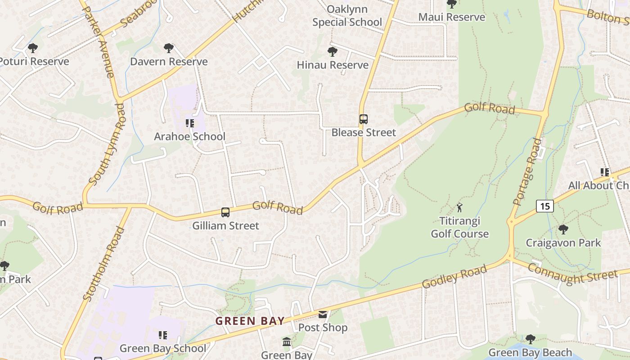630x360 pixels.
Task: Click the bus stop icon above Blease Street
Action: (364, 119)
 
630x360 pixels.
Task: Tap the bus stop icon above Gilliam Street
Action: (225, 212)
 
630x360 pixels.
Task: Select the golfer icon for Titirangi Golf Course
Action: (459, 207)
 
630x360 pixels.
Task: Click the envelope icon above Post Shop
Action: (323, 315)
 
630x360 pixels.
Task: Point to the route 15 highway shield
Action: (545, 206)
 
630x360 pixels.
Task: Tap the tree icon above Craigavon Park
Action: (563, 229)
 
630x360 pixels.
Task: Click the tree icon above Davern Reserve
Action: (169, 48)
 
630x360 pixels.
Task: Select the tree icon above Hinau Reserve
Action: (333, 51)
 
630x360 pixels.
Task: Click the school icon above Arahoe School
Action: (189, 123)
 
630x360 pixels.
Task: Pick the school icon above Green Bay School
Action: (162, 335)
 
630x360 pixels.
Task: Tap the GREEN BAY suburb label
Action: (250, 321)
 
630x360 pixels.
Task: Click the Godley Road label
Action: (454, 277)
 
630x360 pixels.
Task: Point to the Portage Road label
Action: (527, 172)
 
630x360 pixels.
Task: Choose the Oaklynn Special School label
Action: (347, 16)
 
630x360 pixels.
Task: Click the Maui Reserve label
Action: (452, 17)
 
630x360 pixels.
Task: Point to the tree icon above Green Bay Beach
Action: (530, 339)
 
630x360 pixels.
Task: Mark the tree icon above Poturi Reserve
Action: (32, 48)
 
